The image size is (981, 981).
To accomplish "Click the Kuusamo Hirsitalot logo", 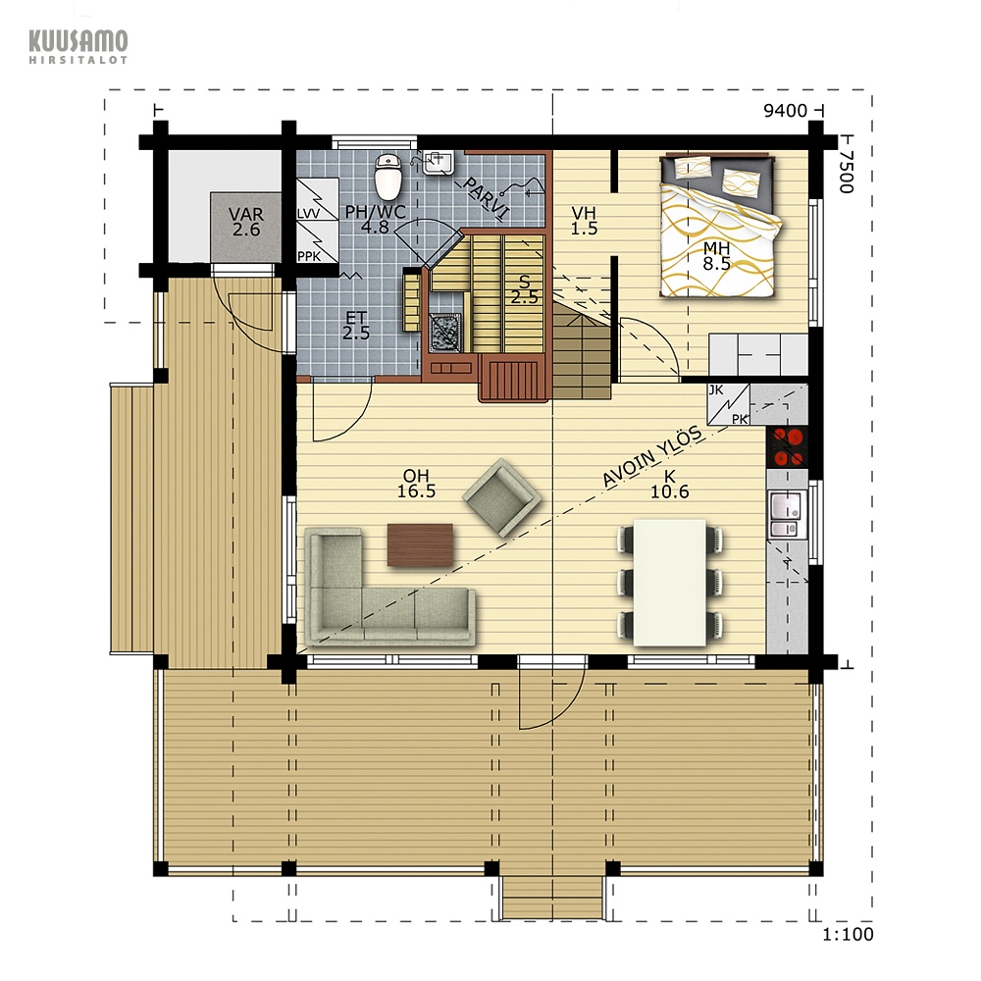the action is click(x=78, y=46).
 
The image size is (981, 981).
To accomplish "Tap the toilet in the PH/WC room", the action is click(x=387, y=176).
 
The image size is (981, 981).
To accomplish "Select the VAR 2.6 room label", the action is click(x=246, y=222).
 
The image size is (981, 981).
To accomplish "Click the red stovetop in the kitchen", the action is click(x=788, y=446).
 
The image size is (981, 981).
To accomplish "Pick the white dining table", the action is click(x=669, y=583).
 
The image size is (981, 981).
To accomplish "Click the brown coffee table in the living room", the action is click(x=420, y=544).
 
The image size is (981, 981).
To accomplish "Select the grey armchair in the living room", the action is click(x=501, y=497).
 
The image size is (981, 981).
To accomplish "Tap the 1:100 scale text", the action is click(x=848, y=935).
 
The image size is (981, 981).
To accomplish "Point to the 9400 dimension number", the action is click(x=785, y=111).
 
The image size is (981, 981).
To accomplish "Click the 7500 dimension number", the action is click(x=846, y=172).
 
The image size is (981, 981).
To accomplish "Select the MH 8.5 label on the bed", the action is click(x=716, y=255).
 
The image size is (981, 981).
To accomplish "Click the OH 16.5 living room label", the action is click(x=416, y=484).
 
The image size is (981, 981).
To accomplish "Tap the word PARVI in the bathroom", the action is click(x=486, y=199).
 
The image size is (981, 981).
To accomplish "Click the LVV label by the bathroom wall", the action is click(x=308, y=214).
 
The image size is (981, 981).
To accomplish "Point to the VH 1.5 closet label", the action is click(x=584, y=221).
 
